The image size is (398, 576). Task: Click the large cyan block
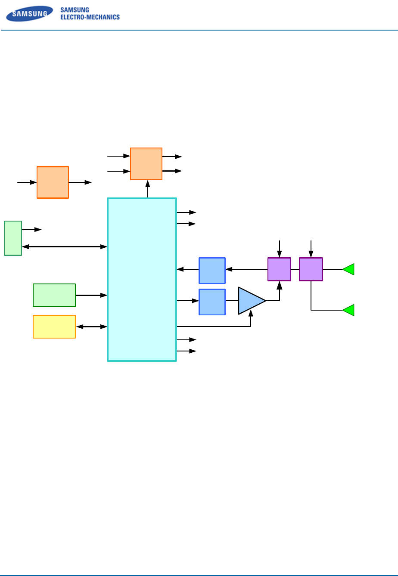tap(142, 279)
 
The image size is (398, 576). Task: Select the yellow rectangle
tap(54, 327)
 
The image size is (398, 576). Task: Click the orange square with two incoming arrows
tap(146, 163)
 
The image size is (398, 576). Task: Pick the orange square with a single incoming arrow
tap(53, 182)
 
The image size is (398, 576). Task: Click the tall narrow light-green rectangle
tap(13, 238)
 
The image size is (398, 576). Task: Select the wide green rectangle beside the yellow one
tap(54, 295)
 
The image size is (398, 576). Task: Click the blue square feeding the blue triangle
tap(212, 302)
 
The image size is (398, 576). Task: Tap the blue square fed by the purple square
tap(212, 271)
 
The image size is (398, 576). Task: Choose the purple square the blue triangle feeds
tap(279, 269)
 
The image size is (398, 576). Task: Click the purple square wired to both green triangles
tap(311, 269)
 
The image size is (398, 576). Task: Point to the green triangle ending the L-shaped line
tap(349, 310)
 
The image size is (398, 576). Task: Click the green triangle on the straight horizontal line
tap(349, 269)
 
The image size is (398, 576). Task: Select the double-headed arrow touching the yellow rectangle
tap(91, 327)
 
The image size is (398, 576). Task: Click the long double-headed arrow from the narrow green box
tap(65, 246)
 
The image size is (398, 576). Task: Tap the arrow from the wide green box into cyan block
tap(91, 295)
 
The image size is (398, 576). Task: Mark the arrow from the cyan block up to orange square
tap(148, 189)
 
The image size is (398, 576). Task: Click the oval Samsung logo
tap(29, 15)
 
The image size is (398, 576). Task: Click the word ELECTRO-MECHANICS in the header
tap(90, 18)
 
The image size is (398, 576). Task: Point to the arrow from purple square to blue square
tap(246, 269)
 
